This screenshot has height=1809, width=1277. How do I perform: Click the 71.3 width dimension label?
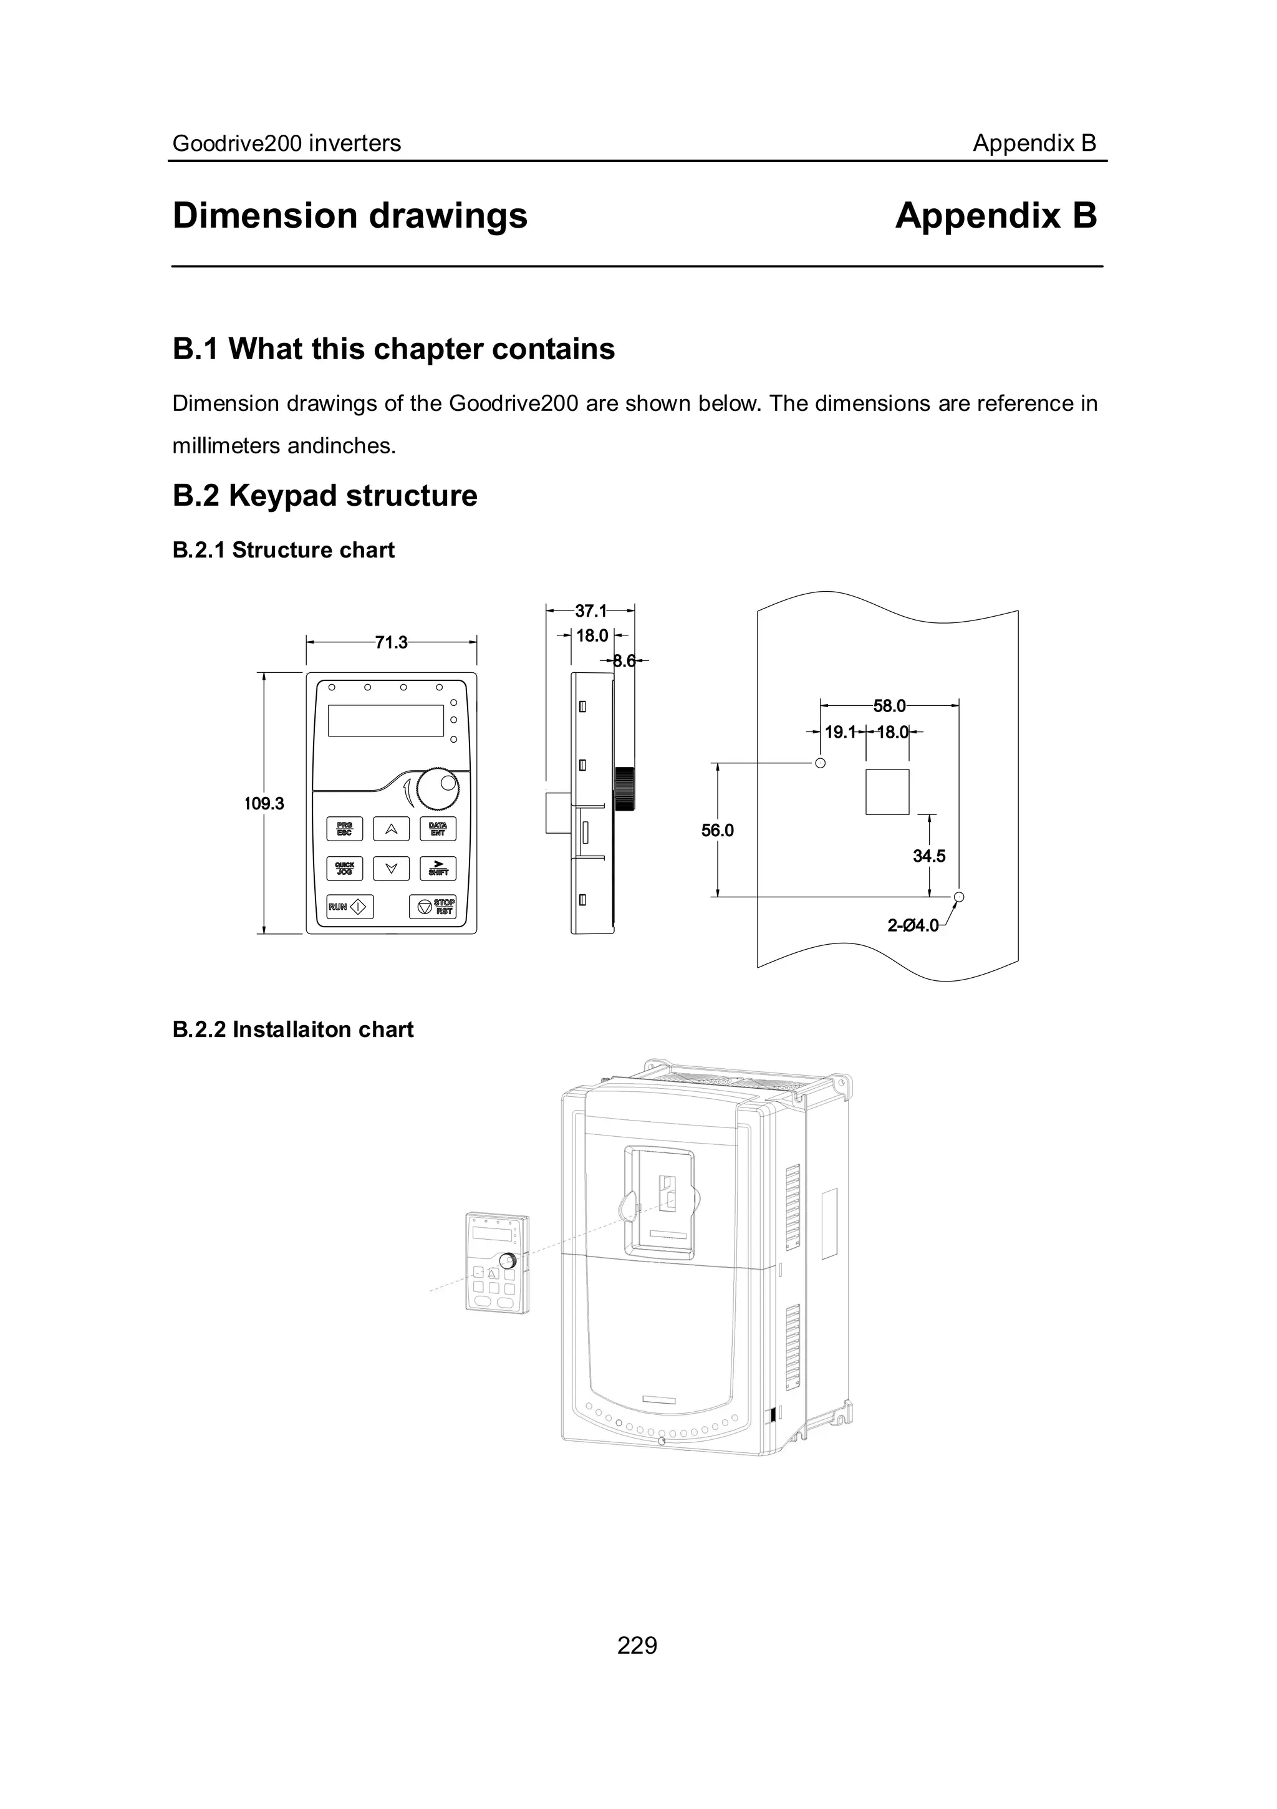click(391, 642)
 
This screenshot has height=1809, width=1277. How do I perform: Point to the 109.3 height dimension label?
click(264, 804)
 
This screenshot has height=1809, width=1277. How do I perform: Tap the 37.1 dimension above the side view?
click(591, 610)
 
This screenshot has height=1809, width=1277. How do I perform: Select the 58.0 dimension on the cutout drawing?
click(889, 705)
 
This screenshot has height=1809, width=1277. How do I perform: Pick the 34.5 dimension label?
click(929, 856)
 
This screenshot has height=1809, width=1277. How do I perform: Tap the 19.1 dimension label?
click(840, 732)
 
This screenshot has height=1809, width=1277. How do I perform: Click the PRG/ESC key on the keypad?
click(344, 829)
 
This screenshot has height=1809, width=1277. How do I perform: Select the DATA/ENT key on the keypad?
click(437, 829)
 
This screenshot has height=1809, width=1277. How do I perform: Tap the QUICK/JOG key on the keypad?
click(344, 868)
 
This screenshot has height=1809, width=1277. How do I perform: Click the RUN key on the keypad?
click(349, 907)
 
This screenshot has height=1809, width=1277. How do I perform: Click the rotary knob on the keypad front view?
click(438, 788)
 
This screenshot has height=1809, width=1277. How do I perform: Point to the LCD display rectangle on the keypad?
click(385, 720)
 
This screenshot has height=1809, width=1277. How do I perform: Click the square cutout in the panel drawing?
click(887, 792)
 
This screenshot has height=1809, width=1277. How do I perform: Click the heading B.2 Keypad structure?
click(325, 496)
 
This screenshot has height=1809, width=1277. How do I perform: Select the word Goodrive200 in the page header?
click(237, 143)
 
